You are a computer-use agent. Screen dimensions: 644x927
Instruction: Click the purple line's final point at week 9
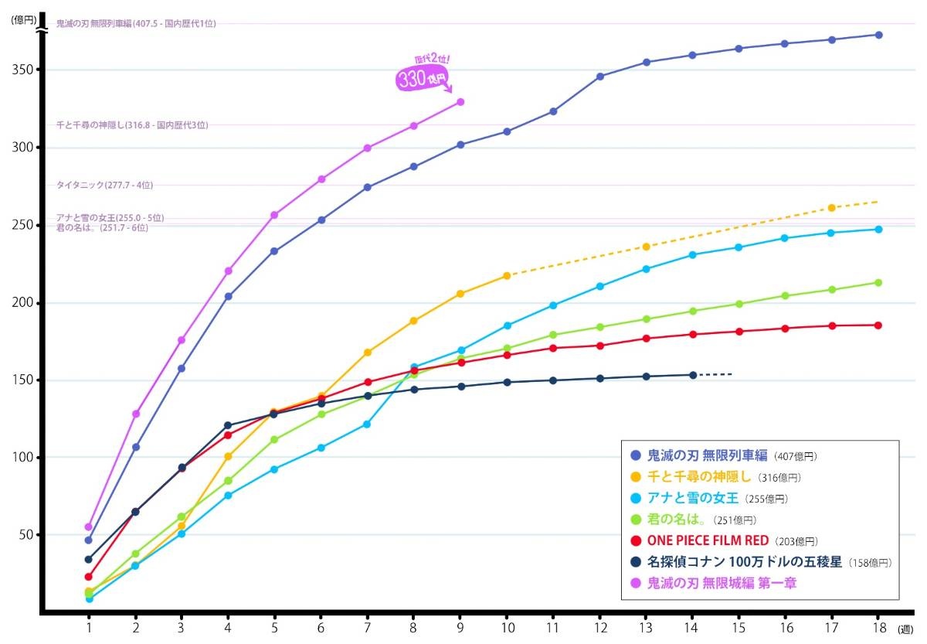(x=460, y=102)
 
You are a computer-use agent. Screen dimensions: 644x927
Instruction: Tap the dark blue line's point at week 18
(x=879, y=35)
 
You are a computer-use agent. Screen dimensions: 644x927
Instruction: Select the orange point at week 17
(x=832, y=208)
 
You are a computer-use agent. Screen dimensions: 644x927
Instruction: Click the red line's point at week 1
(x=89, y=577)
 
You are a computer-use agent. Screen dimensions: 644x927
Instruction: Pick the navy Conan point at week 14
(x=693, y=375)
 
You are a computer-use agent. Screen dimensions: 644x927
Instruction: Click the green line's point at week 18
(x=879, y=282)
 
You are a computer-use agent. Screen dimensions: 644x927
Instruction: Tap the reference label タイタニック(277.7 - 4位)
(x=104, y=186)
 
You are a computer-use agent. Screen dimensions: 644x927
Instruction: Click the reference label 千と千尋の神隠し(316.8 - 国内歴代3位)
(x=132, y=125)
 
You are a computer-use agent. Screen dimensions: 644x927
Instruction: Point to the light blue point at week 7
(x=368, y=424)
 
